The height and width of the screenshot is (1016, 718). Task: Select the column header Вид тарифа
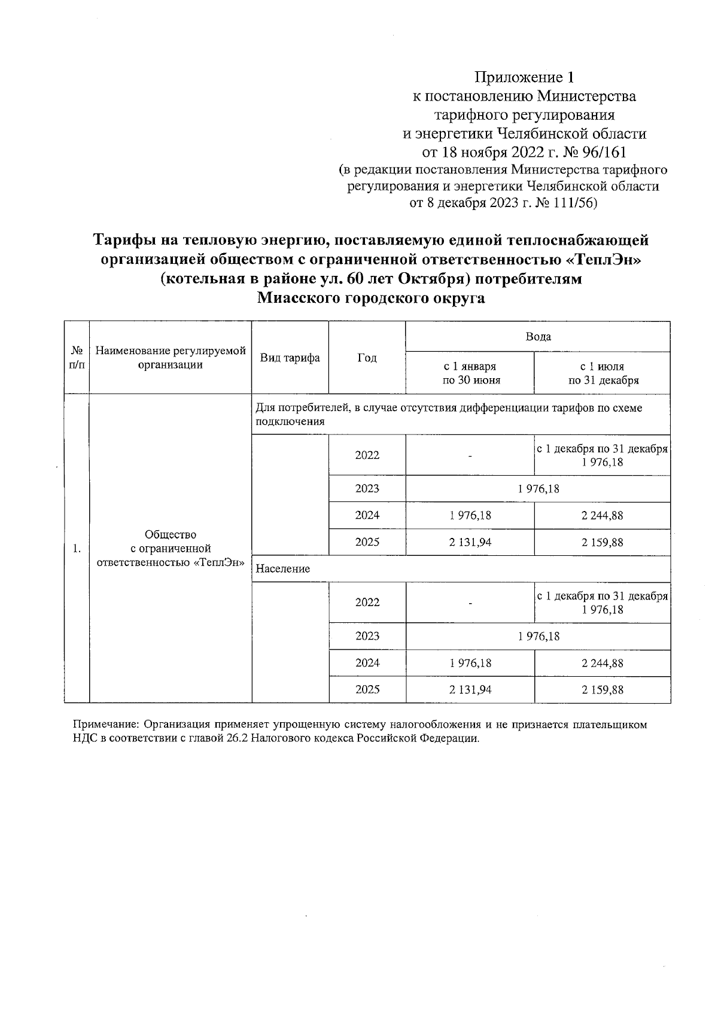290,358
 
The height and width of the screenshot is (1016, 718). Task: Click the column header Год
367,358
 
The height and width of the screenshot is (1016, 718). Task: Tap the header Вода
537,336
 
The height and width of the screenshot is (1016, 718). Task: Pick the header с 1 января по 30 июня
470,373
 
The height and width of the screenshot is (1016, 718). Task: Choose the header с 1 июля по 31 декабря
602,373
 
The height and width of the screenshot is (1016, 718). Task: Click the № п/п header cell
77,358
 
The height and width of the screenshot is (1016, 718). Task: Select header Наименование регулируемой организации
171,358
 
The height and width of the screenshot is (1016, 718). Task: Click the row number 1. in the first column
77,548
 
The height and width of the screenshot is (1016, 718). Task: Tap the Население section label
282,568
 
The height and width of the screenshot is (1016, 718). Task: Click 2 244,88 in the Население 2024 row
602,663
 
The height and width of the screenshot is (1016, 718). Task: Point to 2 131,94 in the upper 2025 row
470,542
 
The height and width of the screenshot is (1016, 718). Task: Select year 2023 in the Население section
367,636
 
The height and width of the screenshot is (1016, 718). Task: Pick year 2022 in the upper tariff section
367,455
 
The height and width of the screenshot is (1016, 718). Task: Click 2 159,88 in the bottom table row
602,689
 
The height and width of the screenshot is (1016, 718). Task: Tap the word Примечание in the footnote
104,725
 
